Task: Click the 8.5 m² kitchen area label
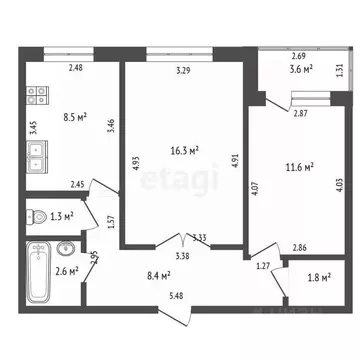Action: tap(73, 117)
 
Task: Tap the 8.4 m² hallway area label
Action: tap(156, 274)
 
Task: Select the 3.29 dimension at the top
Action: tap(183, 70)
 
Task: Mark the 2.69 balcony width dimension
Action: tap(298, 56)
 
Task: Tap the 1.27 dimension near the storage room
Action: tap(263, 265)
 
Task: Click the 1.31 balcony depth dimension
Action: tap(340, 69)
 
